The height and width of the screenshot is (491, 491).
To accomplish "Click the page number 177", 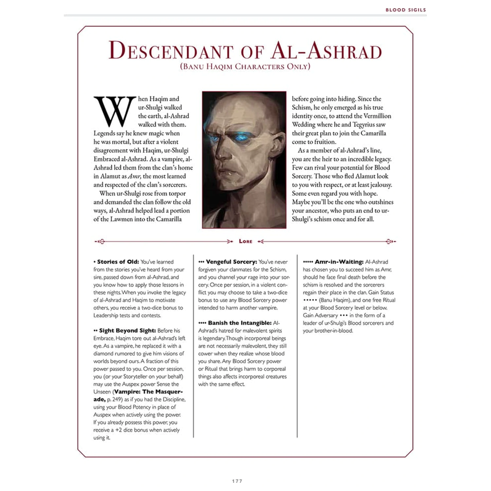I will pyautogui.click(x=237, y=481).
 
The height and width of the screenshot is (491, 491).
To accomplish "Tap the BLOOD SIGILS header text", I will pyautogui.click(x=406, y=10).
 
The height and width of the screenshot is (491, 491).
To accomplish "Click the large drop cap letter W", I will pyautogui.click(x=115, y=111).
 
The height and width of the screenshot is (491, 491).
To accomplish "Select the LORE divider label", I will pyautogui.click(x=245, y=241).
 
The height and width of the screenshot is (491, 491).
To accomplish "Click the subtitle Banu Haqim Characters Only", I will pyautogui.click(x=245, y=66).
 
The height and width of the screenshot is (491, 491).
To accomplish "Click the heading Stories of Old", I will pyautogui.click(x=118, y=262).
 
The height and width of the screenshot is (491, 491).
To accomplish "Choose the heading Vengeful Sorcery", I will pyautogui.click(x=231, y=262).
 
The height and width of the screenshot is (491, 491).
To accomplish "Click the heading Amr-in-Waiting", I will pyautogui.click(x=339, y=262).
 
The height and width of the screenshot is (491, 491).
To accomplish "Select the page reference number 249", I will pyautogui.click(x=118, y=400).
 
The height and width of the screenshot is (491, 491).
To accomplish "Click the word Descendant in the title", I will pyautogui.click(x=170, y=51).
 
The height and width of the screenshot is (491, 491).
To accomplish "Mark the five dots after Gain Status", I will pyautogui.click(x=310, y=300).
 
